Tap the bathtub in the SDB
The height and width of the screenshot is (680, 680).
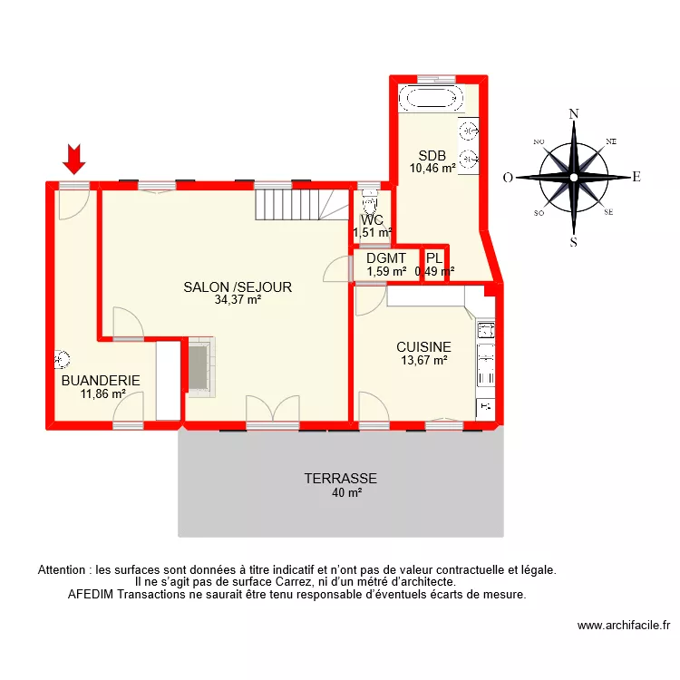click(x=432, y=98)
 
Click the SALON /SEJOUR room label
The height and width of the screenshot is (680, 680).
click(x=238, y=287)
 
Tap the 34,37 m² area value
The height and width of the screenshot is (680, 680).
click(x=238, y=300)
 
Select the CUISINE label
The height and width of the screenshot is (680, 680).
click(x=423, y=347)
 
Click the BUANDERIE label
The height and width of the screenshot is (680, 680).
click(x=101, y=381)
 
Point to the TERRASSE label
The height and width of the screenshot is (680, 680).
click(x=340, y=479)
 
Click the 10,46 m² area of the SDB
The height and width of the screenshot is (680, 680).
click(x=432, y=168)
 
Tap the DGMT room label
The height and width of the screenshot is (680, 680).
click(x=386, y=257)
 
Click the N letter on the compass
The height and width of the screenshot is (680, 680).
click(x=573, y=114)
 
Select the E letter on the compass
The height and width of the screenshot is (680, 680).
click(x=636, y=178)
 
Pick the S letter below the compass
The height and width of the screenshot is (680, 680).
click(x=573, y=242)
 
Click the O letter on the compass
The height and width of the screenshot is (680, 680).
click(x=509, y=178)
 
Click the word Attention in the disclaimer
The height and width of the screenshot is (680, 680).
click(x=66, y=570)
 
